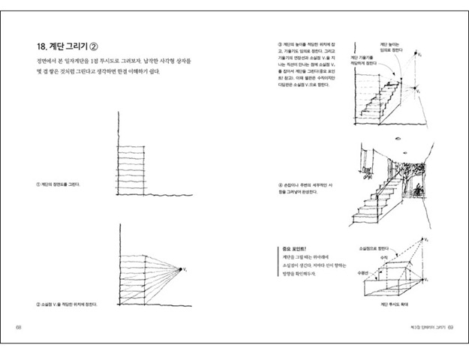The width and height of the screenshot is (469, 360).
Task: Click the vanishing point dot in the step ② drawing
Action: tap(180, 267)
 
